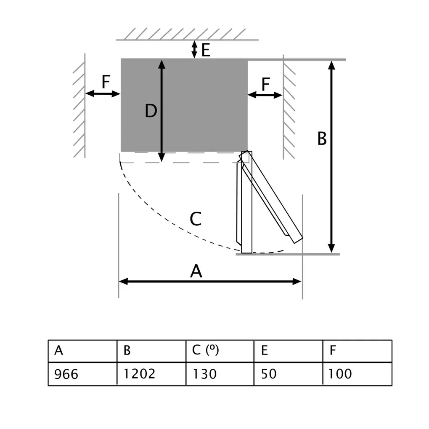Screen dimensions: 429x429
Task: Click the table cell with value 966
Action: [x=82, y=374]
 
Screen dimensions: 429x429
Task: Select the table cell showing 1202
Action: [x=151, y=374]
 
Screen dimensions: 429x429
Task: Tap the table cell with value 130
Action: [x=220, y=374]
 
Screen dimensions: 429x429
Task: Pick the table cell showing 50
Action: [x=289, y=374]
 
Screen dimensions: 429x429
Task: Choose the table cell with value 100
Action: [x=357, y=374]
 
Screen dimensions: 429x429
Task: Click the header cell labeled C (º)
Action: [x=220, y=351]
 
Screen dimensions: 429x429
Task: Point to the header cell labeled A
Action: [x=82, y=351]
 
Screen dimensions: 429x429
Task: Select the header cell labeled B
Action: [x=151, y=351]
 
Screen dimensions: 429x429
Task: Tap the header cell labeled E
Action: [x=289, y=351]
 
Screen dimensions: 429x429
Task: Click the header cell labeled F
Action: [x=357, y=351]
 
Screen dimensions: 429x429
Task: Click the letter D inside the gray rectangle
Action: [x=151, y=112]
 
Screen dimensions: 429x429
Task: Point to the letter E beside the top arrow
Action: [x=205, y=51]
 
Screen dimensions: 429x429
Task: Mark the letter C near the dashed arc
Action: [x=196, y=219]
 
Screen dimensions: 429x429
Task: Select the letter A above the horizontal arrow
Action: [x=196, y=272]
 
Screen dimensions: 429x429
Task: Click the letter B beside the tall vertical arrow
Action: [x=322, y=139]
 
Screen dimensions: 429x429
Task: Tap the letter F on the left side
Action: [x=106, y=82]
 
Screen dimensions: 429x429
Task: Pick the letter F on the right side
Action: [x=265, y=85]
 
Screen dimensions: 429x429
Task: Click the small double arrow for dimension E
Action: [x=194, y=49]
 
